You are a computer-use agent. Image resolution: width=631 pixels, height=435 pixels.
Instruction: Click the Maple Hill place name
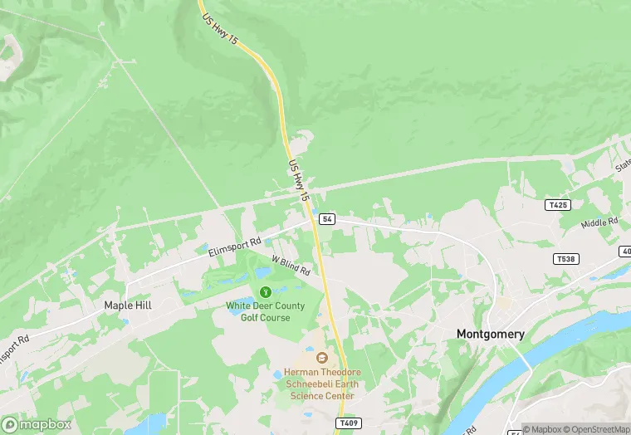(x=128, y=305)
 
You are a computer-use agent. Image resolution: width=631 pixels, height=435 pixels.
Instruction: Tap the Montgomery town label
(x=491, y=334)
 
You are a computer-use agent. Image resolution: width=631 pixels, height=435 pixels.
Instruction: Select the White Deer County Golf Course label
(x=266, y=311)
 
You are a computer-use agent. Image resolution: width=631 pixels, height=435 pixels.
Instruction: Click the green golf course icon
(x=266, y=292)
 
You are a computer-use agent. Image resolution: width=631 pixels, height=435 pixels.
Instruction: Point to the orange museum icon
(x=322, y=358)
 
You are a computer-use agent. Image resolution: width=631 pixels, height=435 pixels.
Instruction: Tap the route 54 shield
(x=327, y=219)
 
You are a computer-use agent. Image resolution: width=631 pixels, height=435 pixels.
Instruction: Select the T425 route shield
(x=558, y=204)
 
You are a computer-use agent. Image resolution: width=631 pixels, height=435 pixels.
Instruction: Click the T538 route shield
(x=565, y=259)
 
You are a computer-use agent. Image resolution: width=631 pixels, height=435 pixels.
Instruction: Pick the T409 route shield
(x=349, y=423)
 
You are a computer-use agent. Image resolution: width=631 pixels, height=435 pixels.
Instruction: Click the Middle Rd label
(x=600, y=222)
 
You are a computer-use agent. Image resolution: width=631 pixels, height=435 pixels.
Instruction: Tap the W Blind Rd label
(x=291, y=266)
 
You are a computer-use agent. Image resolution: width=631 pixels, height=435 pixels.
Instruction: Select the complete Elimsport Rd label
(x=235, y=247)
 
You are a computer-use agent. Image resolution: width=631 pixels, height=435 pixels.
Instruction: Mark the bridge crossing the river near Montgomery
(x=526, y=363)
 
